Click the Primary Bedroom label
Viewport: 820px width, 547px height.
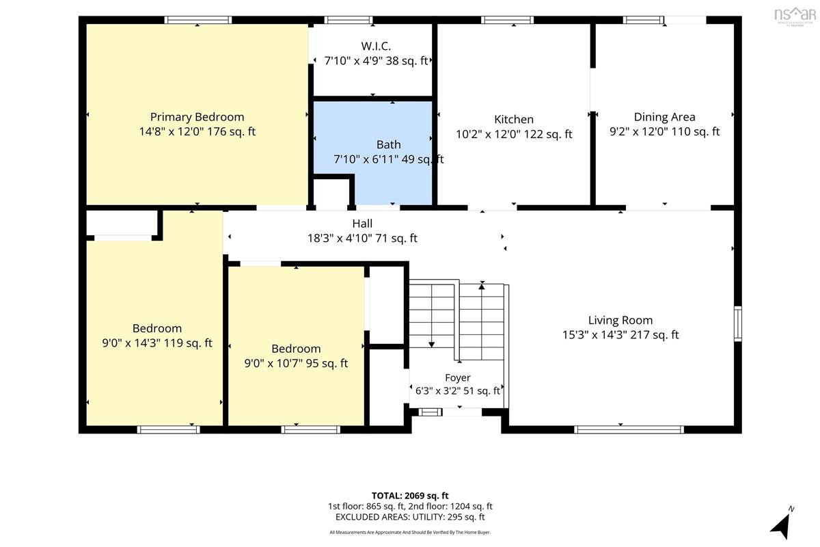(x=197, y=117)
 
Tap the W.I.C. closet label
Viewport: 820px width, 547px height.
(x=376, y=46)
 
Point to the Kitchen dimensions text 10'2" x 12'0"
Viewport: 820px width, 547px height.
(x=489, y=134)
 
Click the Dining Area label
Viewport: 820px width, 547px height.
(x=664, y=117)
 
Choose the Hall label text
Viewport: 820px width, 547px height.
(x=362, y=224)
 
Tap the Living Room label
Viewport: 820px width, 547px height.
(x=620, y=320)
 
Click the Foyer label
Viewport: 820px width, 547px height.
(x=458, y=377)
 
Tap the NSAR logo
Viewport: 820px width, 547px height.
(x=795, y=16)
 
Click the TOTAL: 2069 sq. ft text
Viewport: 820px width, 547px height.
(x=410, y=496)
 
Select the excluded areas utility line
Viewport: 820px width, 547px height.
(x=410, y=517)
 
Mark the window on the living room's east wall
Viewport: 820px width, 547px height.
(x=738, y=324)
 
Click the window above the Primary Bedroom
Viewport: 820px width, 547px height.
(x=197, y=20)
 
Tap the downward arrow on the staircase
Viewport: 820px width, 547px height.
(x=432, y=316)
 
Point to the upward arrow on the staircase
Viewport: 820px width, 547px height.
(x=482, y=321)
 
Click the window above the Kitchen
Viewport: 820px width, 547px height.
(x=507, y=20)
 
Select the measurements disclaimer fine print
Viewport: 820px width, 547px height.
(x=410, y=533)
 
